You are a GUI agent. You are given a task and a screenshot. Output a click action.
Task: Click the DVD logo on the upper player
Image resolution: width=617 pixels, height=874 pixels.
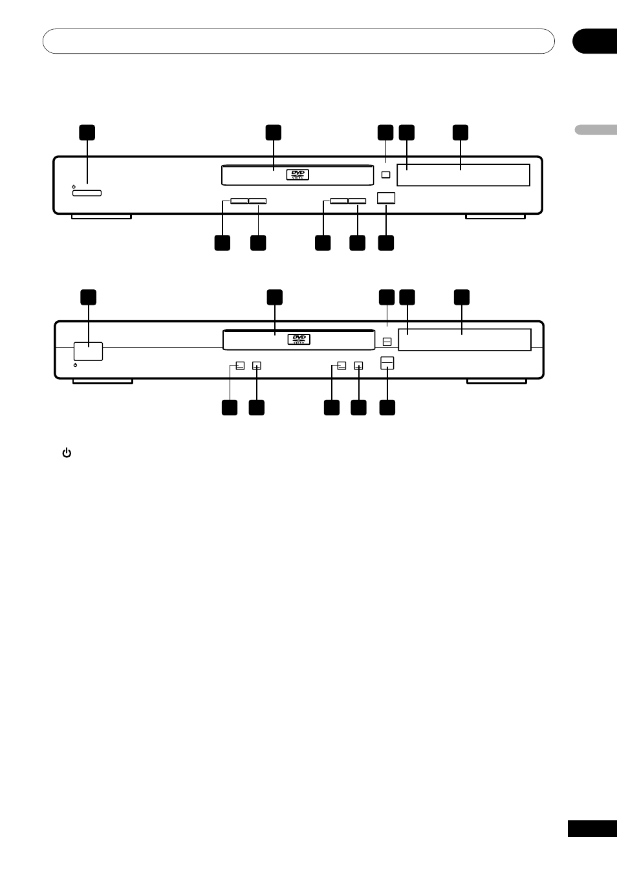click(x=298, y=175)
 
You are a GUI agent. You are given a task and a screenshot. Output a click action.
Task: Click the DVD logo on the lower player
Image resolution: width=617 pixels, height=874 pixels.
click(x=299, y=339)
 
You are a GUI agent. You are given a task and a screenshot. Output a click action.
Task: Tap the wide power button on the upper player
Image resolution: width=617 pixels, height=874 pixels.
click(x=87, y=193)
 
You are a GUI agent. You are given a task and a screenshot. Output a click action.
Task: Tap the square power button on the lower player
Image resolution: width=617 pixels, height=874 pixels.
click(x=88, y=351)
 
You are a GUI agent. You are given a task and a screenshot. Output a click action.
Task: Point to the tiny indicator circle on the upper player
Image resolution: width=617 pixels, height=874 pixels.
click(x=74, y=186)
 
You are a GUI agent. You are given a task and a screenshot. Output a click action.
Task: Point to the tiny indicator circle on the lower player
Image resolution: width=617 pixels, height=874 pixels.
click(x=76, y=366)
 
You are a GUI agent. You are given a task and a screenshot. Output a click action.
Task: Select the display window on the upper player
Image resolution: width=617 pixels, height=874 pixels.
click(x=463, y=175)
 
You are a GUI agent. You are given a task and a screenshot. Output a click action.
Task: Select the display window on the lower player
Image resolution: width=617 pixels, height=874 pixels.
click(x=464, y=340)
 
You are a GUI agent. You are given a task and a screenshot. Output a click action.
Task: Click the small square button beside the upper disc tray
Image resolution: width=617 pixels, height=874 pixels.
click(x=386, y=175)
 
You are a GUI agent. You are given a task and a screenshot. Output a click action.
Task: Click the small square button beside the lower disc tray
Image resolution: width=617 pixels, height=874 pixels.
click(x=387, y=341)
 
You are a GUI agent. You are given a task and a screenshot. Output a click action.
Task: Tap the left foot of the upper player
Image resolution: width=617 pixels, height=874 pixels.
click(x=101, y=216)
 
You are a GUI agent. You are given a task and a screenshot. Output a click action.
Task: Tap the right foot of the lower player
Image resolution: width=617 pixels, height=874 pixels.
click(x=496, y=381)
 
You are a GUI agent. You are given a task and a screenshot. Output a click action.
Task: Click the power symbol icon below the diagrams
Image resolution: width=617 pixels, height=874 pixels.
click(x=67, y=453)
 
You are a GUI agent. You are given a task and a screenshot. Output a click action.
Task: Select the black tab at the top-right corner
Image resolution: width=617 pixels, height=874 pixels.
click(x=594, y=41)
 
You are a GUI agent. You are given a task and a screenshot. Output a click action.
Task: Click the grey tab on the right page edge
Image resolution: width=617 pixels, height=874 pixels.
click(x=596, y=129)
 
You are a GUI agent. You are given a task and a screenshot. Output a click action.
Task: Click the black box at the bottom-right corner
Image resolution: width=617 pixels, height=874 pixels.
click(x=592, y=829)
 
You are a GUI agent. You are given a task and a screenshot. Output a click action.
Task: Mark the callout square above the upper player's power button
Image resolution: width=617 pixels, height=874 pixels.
click(x=87, y=132)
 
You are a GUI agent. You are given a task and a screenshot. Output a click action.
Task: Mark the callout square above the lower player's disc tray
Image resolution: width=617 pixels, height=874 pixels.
click(x=275, y=297)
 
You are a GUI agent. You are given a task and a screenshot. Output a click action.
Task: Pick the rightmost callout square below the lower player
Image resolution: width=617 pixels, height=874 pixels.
click(x=387, y=408)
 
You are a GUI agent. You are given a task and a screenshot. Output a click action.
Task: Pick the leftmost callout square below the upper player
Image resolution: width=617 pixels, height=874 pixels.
click(x=222, y=243)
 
